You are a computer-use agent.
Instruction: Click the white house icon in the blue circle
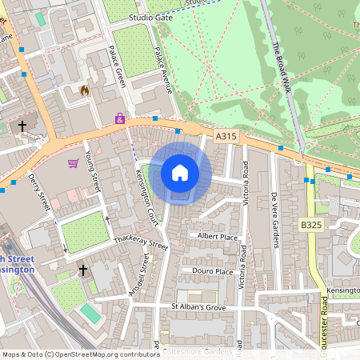(x=180, y=172)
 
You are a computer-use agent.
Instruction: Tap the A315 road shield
(x=226, y=138)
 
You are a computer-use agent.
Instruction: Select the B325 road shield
(x=311, y=226)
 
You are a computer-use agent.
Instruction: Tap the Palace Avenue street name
(x=163, y=70)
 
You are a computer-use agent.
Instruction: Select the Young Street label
(x=92, y=166)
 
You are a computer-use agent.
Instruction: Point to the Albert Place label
(x=218, y=237)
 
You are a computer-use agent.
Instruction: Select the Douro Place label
(x=212, y=271)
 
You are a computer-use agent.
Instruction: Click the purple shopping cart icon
(x=73, y=163)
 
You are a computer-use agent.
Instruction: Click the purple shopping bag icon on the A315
(x=120, y=118)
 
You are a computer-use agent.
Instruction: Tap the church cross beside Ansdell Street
(x=82, y=271)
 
